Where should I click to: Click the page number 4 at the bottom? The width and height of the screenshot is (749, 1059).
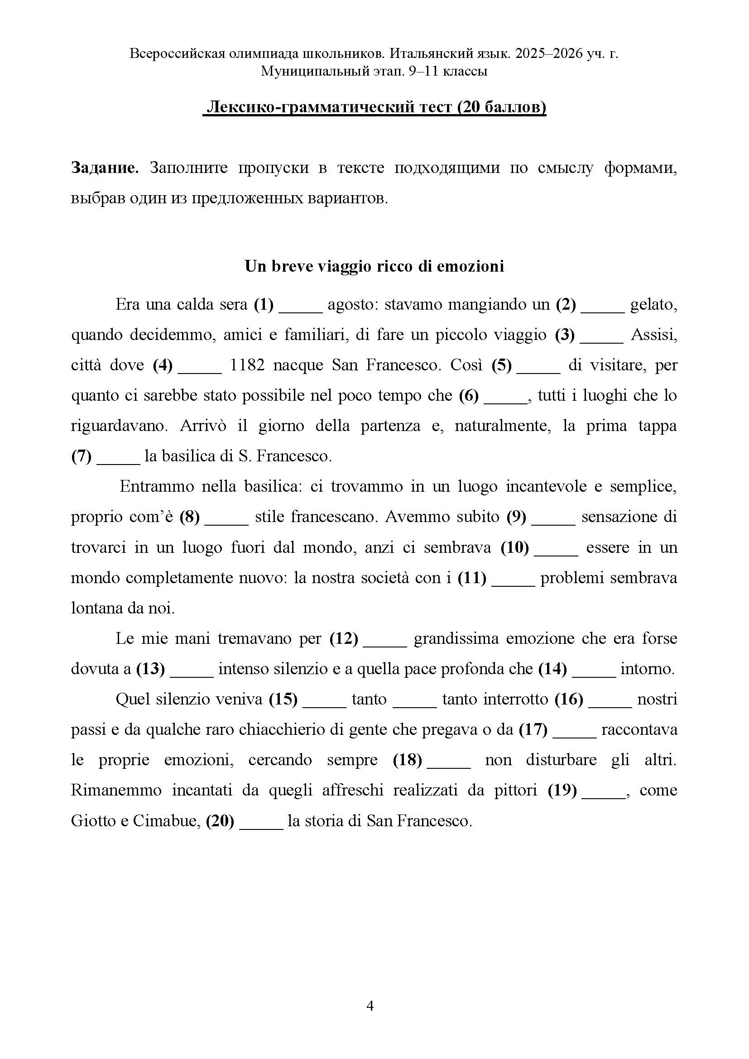click(370, 1006)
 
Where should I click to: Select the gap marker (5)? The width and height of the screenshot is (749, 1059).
click(501, 365)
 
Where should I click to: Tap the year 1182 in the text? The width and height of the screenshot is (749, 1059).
click(247, 365)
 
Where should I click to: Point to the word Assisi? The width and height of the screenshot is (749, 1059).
click(653, 335)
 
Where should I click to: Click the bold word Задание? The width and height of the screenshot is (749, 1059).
click(105, 168)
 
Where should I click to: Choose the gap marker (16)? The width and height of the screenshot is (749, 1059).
click(569, 700)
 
